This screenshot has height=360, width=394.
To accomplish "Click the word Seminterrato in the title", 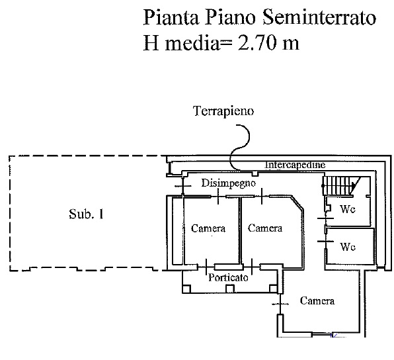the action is (319, 17).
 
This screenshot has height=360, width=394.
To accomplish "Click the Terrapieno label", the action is (223, 111).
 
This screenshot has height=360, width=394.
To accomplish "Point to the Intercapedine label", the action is (295, 165).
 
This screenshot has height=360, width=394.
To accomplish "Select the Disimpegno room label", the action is (229, 183).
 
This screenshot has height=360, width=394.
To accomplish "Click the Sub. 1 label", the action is (86, 214).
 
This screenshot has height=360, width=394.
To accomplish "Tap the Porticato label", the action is (229, 277).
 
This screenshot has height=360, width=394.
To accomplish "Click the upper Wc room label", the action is (348, 209).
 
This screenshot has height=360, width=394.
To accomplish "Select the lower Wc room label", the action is (348, 247).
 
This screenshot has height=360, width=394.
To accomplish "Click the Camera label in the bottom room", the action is (317, 301).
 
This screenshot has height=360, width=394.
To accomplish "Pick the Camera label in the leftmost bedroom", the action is (208, 228).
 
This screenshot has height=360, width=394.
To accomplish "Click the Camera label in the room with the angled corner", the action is (265, 228).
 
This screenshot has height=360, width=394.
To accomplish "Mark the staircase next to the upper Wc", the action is (341, 186).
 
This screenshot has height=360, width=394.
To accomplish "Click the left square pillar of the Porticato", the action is (186, 289).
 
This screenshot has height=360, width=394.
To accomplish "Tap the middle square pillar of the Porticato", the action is (229, 289).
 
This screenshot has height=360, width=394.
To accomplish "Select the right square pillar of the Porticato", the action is (274, 289).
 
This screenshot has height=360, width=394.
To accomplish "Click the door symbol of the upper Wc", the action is (326, 218).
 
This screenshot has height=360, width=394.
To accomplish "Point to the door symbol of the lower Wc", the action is (326, 242).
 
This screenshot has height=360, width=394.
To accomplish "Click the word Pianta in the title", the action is (171, 18).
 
